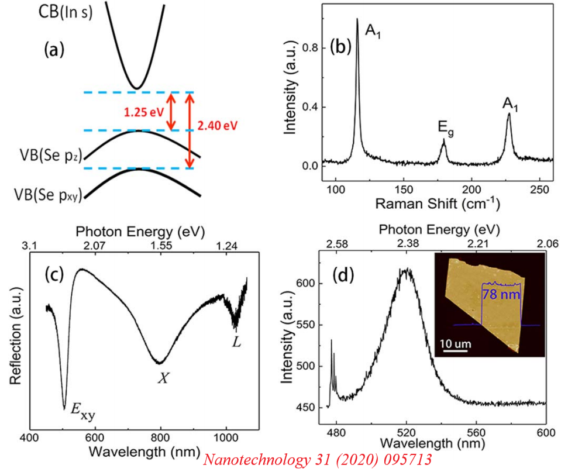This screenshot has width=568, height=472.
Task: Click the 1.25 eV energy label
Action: click(x=141, y=112)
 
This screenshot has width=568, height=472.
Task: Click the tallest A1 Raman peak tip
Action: click(x=357, y=19)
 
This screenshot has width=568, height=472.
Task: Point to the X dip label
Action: click(x=163, y=378)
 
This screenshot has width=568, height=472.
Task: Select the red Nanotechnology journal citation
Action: click(x=317, y=459)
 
